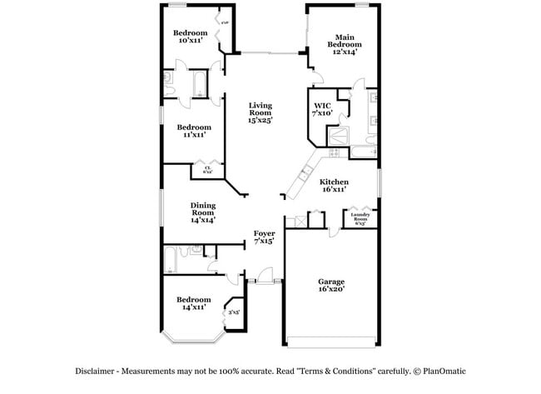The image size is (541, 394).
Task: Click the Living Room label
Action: click(x=261, y=112)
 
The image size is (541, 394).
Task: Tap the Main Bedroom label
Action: click(x=345, y=44)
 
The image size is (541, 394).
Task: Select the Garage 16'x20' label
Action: click(x=330, y=286)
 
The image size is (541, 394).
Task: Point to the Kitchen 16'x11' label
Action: click(x=334, y=186)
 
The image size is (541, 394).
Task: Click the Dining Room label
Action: click(x=203, y=212)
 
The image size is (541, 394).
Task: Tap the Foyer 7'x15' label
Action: click(x=264, y=237)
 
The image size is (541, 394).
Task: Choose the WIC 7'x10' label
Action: click(x=322, y=109)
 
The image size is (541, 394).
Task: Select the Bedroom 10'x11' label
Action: click(x=190, y=37)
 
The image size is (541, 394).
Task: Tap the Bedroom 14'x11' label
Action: click(x=193, y=303)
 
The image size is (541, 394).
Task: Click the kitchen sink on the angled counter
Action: click(x=304, y=173)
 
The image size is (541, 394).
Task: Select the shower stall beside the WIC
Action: click(x=339, y=136)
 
